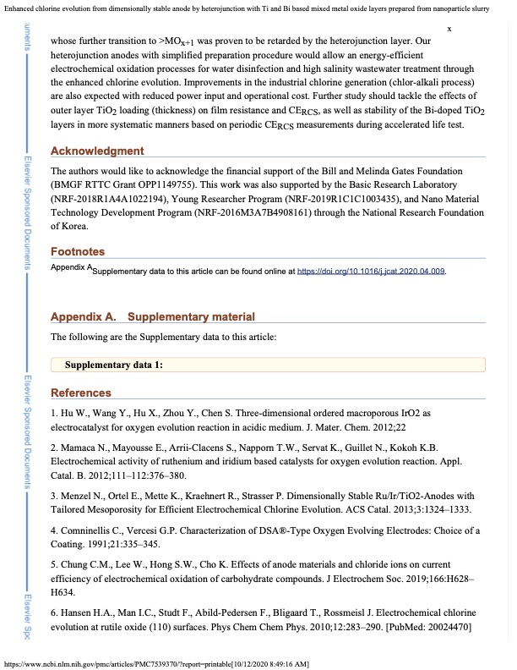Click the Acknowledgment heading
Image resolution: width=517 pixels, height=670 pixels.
coord(97,151)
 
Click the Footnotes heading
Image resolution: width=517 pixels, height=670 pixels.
coord(78,252)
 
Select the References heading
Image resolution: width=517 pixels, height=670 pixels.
coord(81,393)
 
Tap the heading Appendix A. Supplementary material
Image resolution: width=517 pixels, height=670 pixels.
coord(152,317)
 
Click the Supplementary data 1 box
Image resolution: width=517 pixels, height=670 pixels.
coord(268,365)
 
